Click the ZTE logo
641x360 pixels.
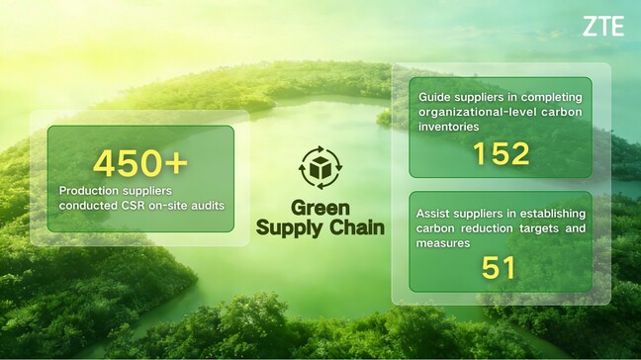pyautogui.click(x=602, y=27)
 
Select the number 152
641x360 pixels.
pyautogui.click(x=501, y=153)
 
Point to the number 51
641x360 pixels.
pyautogui.click(x=500, y=267)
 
